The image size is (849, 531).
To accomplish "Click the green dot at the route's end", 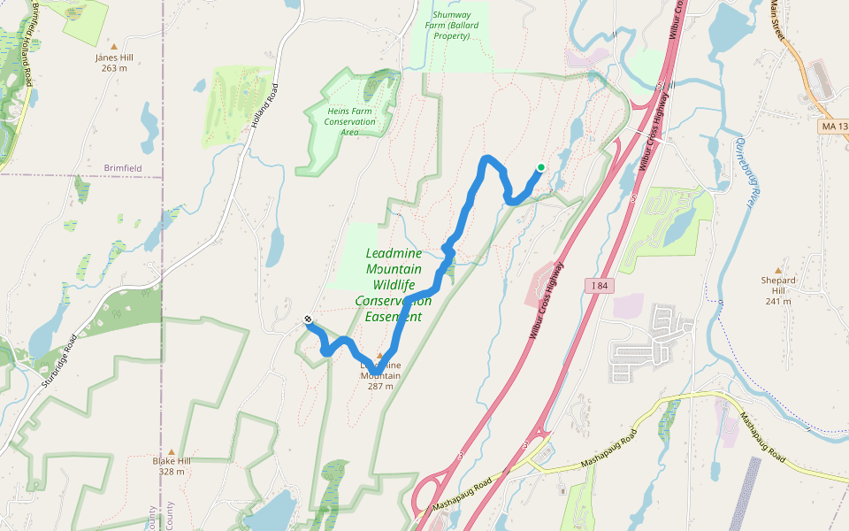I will click(540, 166).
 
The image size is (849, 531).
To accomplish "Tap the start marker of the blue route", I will click(308, 319).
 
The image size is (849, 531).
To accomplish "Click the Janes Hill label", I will click(114, 58).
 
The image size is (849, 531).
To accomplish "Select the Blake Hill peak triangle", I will click(171, 450).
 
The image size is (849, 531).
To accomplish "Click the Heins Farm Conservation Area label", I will click(349, 121).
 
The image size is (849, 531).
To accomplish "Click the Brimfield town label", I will click(122, 167).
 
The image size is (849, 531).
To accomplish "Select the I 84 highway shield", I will click(598, 284).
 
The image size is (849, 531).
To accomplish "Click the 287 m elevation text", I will click(380, 386).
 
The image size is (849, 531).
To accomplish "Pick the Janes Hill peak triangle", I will click(114, 46).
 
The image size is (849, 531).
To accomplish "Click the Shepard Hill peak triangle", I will click(778, 270).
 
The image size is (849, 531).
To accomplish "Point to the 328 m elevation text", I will click(171, 472).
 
